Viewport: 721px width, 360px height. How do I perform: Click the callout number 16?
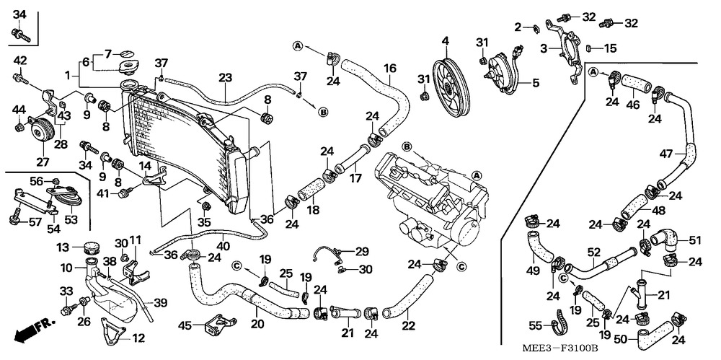390,69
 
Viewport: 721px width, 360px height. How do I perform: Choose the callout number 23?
226,78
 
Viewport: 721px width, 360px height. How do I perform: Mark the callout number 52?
593,252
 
